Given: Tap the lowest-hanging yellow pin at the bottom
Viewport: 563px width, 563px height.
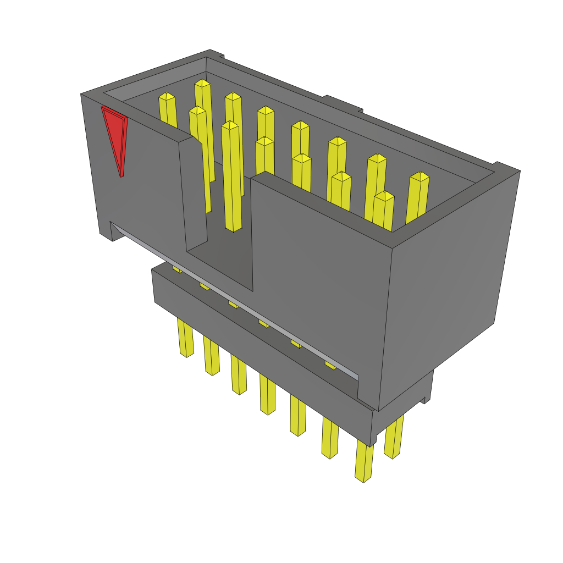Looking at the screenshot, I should click(363, 462).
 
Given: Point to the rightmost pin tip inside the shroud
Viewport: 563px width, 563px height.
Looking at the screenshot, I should click(420, 176).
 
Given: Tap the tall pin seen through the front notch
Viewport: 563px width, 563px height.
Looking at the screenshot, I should click(232, 176).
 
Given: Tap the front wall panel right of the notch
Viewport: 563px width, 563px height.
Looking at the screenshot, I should click(319, 275).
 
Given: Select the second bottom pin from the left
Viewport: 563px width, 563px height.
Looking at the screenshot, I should click(211, 356).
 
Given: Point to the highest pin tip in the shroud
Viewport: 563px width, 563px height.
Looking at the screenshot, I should click(202, 84).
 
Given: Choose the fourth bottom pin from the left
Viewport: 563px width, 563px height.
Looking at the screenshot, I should click(267, 394).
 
